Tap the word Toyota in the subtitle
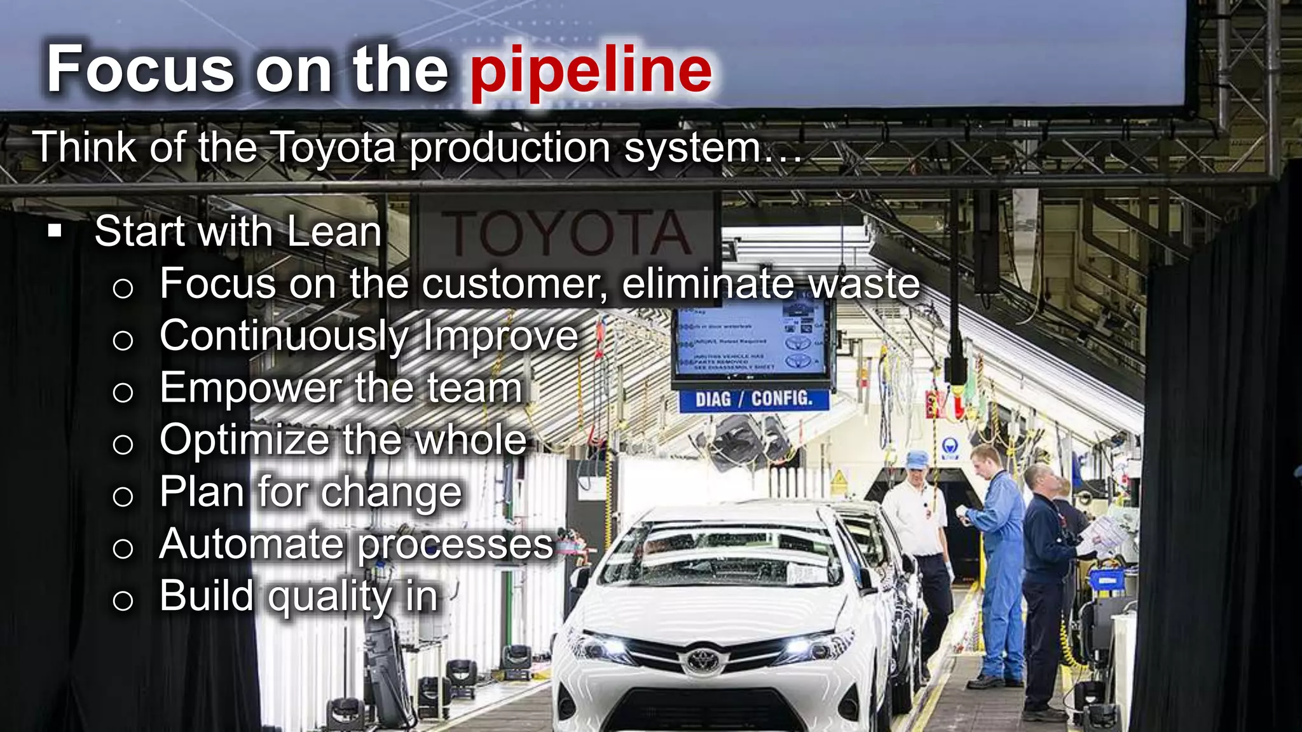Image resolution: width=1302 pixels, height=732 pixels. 333,147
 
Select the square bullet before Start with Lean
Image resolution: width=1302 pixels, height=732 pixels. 55,231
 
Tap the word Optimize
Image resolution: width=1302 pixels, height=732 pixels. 245,440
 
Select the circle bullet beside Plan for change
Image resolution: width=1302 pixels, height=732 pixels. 123,496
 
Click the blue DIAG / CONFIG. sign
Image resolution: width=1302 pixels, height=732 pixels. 753,399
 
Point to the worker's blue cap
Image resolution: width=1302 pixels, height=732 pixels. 917,459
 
